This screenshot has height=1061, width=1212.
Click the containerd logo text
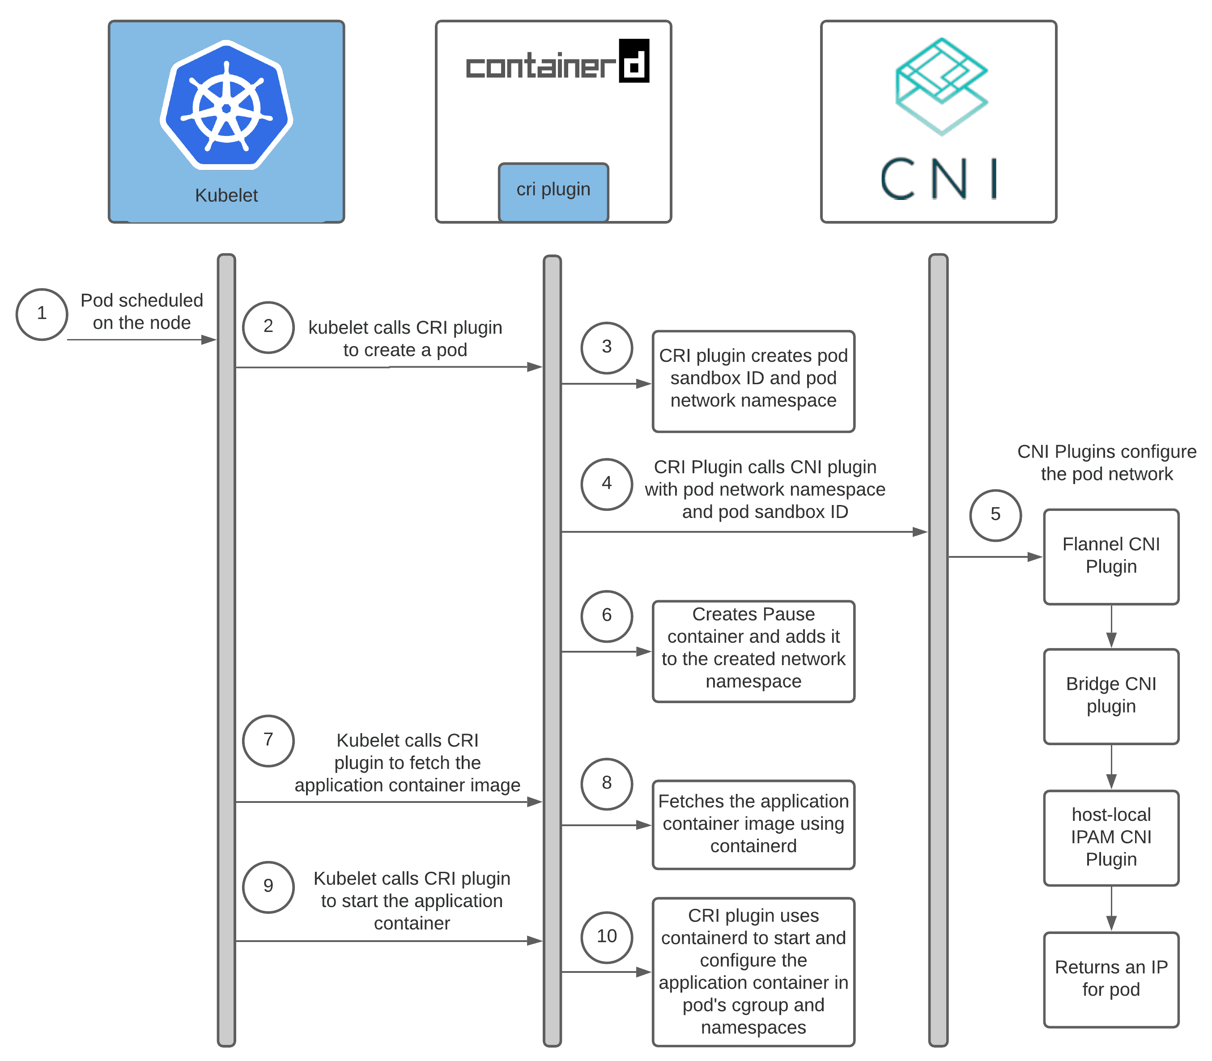(557, 63)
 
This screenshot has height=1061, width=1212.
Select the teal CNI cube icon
(941, 86)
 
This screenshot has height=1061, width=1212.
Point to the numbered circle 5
(995, 514)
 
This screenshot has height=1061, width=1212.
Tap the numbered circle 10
(606, 936)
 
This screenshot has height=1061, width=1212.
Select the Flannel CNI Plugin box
(1111, 556)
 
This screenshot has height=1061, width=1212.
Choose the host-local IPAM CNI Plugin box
(1111, 837)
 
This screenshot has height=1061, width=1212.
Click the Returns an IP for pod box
(1111, 979)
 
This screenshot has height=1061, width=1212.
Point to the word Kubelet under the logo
(226, 195)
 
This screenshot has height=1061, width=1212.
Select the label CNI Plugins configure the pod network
(1106, 463)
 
